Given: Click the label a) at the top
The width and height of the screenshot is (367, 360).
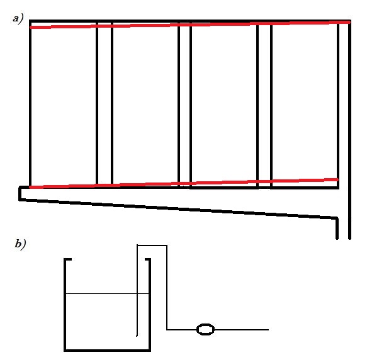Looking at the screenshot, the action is (x=18, y=19).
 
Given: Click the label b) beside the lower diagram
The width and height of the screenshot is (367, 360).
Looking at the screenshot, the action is (x=20, y=244).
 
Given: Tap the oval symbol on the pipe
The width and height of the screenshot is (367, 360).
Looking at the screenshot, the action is (x=205, y=330).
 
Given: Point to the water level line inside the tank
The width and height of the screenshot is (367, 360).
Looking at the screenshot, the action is (x=108, y=293).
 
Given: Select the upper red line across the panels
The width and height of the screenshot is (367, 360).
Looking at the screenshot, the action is (x=190, y=25).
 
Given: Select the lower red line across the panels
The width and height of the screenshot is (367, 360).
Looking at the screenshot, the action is (x=184, y=184).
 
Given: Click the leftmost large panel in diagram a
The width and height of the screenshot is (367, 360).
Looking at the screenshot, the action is (x=64, y=104).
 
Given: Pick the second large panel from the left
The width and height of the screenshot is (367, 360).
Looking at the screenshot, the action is (x=145, y=104).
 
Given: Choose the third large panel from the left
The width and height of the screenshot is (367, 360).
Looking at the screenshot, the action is (x=224, y=104).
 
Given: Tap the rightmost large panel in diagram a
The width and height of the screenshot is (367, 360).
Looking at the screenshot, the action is (x=305, y=104).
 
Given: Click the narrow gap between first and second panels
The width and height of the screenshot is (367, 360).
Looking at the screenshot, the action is (x=104, y=104).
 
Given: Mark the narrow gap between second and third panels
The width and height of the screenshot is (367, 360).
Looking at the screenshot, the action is (x=185, y=104).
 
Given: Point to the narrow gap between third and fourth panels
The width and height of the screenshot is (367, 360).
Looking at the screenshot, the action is (x=264, y=104).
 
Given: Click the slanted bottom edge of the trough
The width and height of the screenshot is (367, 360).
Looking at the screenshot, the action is (x=178, y=209).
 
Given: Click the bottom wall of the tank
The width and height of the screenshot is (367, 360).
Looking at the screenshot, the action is (x=107, y=350).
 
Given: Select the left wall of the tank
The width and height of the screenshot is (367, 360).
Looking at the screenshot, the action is (x=65, y=304).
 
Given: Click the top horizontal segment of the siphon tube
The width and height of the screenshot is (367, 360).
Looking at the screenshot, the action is (x=152, y=245).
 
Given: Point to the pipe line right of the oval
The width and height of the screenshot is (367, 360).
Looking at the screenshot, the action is (x=241, y=330).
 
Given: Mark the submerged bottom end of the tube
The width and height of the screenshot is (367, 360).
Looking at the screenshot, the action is (x=137, y=336).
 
